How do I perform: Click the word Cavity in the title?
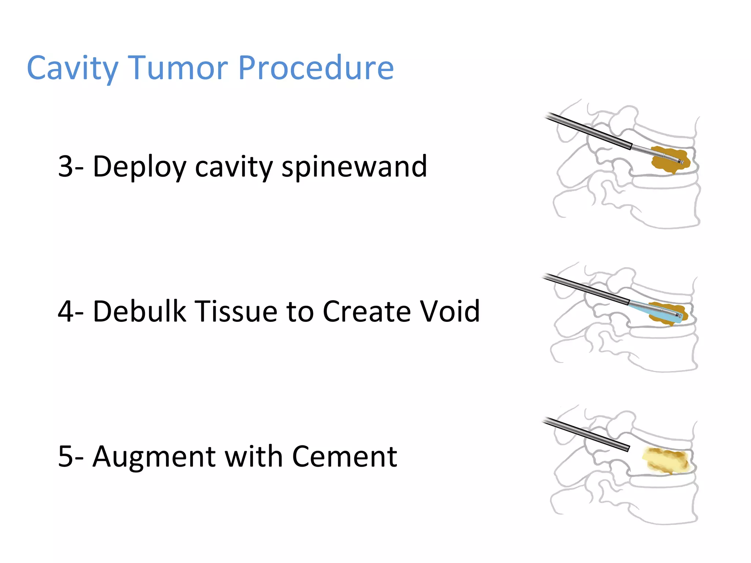(x=73, y=69)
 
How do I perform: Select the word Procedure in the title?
(x=316, y=69)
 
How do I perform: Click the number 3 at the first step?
(x=66, y=166)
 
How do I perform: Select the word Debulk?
(x=139, y=312)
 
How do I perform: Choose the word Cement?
(x=344, y=457)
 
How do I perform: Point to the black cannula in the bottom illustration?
(x=587, y=435)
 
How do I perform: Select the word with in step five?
(x=253, y=457)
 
